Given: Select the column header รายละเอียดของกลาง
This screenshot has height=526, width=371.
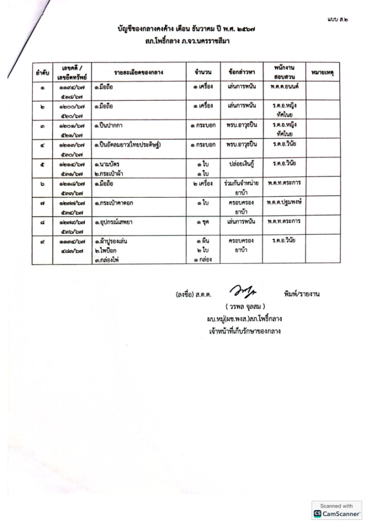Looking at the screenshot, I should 139,73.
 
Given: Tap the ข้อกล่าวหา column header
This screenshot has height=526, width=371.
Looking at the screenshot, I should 241,73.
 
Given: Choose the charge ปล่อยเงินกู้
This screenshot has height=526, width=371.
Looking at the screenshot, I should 241,164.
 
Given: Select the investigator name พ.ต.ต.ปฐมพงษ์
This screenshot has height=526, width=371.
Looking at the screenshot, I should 284,202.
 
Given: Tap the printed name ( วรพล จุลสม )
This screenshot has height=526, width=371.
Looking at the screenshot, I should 242,307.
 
